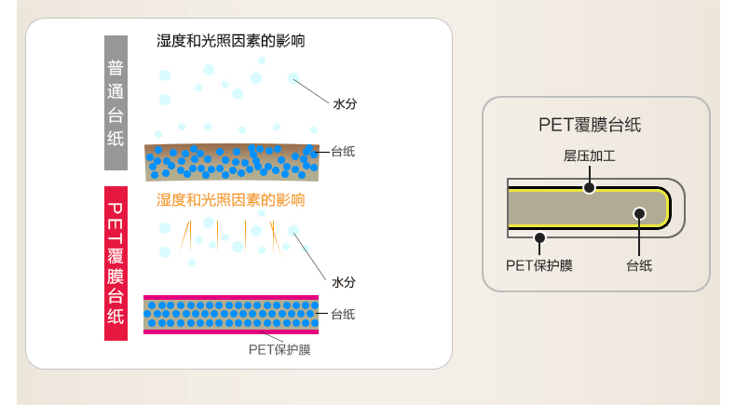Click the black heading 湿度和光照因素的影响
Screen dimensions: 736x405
pos(230,42)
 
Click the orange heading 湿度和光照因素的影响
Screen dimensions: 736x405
pos(230,200)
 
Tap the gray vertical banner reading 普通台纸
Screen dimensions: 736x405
pos(116,102)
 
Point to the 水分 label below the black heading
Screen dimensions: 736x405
pos(344,104)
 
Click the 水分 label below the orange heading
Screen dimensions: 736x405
pos(344,281)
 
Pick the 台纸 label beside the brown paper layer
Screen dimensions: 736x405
pos(342,151)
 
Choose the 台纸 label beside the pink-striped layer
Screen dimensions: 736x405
pos(342,314)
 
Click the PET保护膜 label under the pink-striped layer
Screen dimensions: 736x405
pos(279,349)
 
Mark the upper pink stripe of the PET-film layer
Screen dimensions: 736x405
pos(230,298)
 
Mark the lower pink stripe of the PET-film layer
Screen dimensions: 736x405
pos(230,331)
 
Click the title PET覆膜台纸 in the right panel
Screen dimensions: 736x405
pos(590,125)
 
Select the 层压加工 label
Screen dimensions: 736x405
pos(589,156)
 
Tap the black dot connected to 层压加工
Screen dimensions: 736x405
pos(589,187)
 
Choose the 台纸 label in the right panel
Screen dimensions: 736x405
pos(639,265)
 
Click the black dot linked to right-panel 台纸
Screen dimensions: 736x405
pos(639,213)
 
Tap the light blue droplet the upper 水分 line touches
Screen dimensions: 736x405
pos(293,78)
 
